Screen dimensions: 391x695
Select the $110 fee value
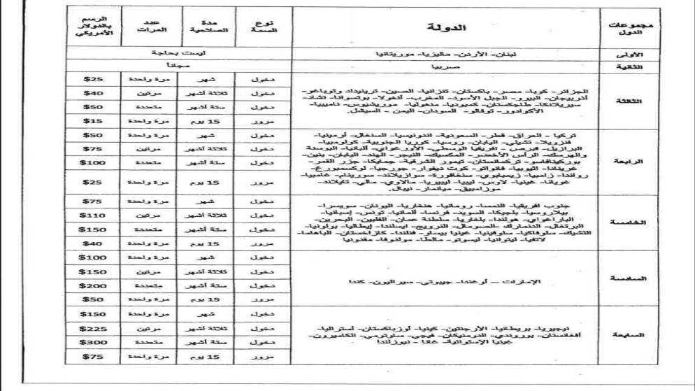[x=93, y=216]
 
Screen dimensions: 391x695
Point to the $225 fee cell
[x=93, y=327]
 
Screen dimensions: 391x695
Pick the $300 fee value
[x=93, y=342]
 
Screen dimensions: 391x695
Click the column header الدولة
[x=444, y=27]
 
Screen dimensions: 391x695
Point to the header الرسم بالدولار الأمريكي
[x=93, y=27]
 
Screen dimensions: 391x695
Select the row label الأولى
[x=631, y=53]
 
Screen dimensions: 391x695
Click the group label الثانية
[x=631, y=66]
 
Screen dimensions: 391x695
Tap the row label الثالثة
[x=631, y=101]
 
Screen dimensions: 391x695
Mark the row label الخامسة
[x=631, y=223]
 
